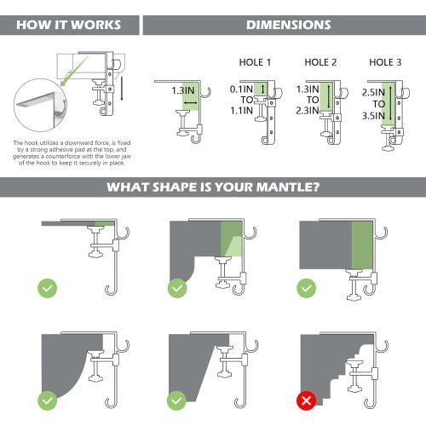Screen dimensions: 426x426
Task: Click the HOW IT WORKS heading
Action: click(68, 25)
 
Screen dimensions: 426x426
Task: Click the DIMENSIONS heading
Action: click(288, 25)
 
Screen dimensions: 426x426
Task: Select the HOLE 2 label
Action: click(321, 63)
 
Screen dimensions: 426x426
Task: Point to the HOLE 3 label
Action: click(385, 63)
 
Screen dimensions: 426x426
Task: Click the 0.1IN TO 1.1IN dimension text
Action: click(242, 99)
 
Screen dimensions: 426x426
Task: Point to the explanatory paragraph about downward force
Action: click(69, 154)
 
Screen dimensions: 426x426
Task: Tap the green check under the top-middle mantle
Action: click(177, 287)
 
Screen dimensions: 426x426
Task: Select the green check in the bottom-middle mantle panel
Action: click(177, 399)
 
